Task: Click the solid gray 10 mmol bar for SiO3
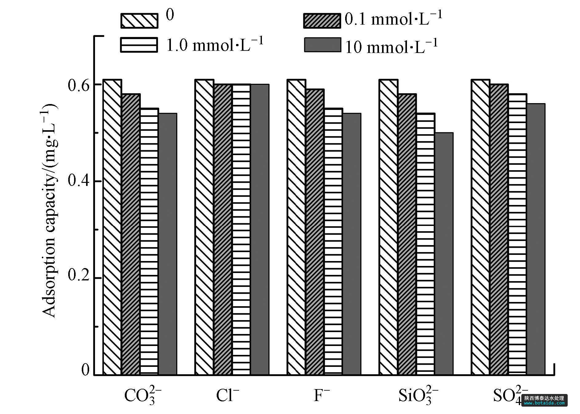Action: click(444, 254)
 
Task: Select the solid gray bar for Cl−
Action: click(260, 229)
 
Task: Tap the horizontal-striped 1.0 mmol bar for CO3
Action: click(149, 241)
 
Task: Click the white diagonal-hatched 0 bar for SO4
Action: click(480, 227)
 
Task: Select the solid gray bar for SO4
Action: click(536, 239)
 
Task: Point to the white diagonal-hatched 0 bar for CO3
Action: click(112, 227)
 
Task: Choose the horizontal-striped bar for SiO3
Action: click(425, 244)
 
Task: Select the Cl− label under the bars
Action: click(227, 395)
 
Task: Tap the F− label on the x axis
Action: click(322, 395)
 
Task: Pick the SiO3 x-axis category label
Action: click(418, 395)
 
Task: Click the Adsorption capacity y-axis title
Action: click(49, 211)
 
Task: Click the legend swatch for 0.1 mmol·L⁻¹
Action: click(322, 21)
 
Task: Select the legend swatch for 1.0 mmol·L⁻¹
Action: click(139, 45)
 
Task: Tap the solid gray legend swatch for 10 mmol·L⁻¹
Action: click(322, 45)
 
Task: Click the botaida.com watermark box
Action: click(544, 400)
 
